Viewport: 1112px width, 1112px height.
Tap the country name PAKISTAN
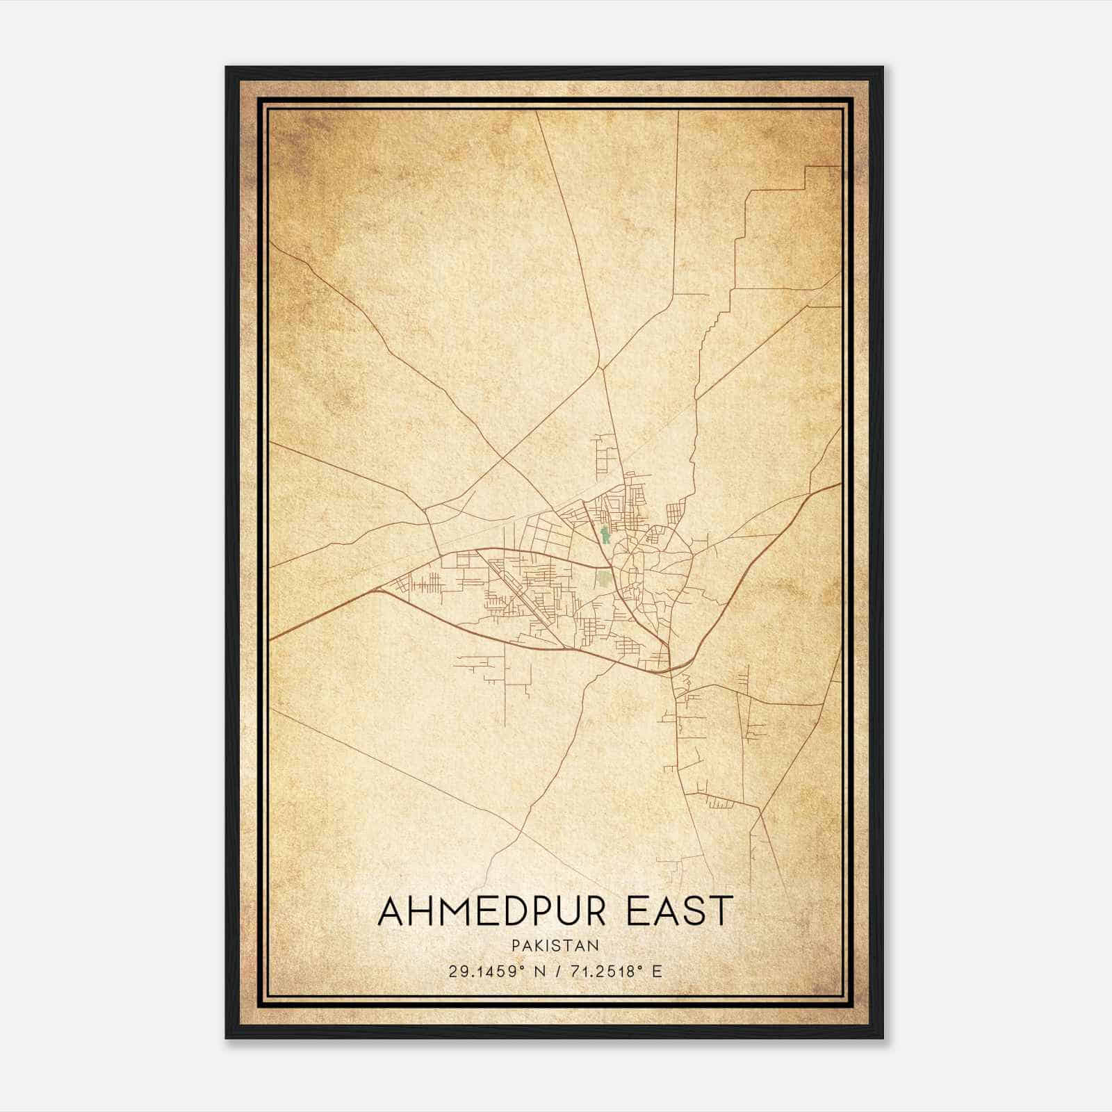tap(555, 945)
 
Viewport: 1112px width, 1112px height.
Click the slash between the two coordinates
tap(555, 971)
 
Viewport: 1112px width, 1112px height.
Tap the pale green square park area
tap(603, 579)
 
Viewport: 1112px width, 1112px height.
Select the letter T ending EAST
tap(721, 911)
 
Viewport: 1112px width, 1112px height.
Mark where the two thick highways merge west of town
tap(379, 589)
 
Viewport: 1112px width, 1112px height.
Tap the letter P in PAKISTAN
tap(515, 945)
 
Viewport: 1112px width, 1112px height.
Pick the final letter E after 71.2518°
tap(656, 971)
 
